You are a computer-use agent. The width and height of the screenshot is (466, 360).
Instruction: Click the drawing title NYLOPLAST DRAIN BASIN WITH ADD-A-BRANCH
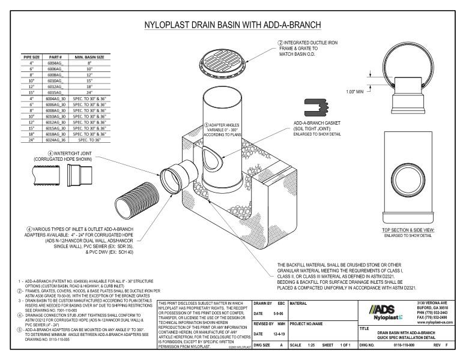(x=232, y=25)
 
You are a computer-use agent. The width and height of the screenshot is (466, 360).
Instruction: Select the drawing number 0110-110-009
(x=405, y=346)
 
